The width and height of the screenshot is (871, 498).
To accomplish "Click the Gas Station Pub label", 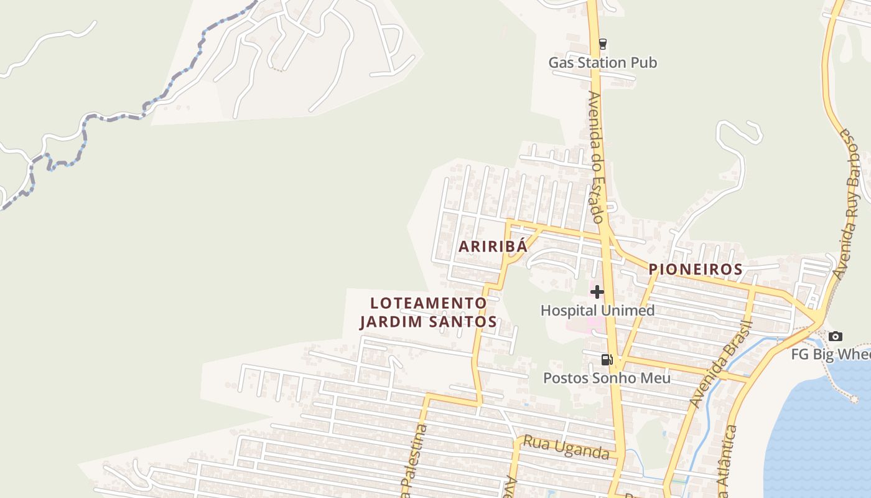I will click(x=602, y=63).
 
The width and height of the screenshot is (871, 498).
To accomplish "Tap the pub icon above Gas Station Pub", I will click(x=602, y=44).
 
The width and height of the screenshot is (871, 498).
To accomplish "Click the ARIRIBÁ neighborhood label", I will click(x=493, y=247).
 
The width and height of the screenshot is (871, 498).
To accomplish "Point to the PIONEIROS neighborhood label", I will click(x=696, y=270).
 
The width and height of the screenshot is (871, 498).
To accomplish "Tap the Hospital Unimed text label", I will click(x=597, y=310).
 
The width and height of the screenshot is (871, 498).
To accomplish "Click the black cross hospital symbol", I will click(x=597, y=291).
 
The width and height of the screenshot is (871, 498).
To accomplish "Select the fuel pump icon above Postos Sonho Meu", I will click(x=607, y=359).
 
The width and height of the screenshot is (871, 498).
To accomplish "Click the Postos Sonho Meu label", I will click(x=607, y=378).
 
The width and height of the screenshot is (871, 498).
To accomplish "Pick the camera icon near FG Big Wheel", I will click(x=836, y=337).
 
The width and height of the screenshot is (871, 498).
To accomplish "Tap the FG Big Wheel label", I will click(x=830, y=354).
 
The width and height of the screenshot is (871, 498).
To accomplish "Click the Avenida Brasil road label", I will click(x=722, y=364).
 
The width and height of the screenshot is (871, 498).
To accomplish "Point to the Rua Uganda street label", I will click(x=566, y=448).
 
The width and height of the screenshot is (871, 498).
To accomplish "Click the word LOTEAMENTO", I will click(x=428, y=303).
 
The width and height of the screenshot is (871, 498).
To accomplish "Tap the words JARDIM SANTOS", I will click(x=428, y=322).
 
